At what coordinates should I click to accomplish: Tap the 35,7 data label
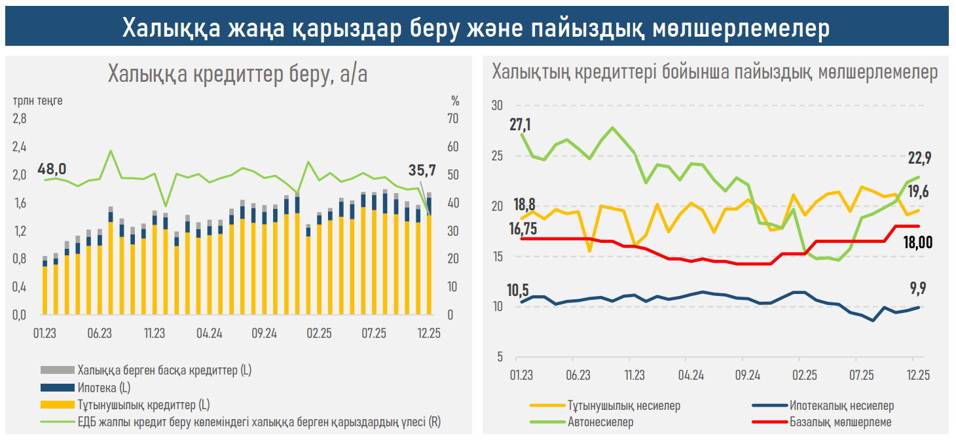[422, 172]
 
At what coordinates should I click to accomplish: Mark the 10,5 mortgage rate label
[518, 289]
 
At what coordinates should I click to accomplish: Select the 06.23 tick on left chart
[99, 333]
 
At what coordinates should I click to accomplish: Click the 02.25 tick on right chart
[804, 375]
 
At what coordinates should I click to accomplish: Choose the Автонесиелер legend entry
[600, 422]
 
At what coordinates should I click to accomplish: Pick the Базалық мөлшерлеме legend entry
[840, 422]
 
